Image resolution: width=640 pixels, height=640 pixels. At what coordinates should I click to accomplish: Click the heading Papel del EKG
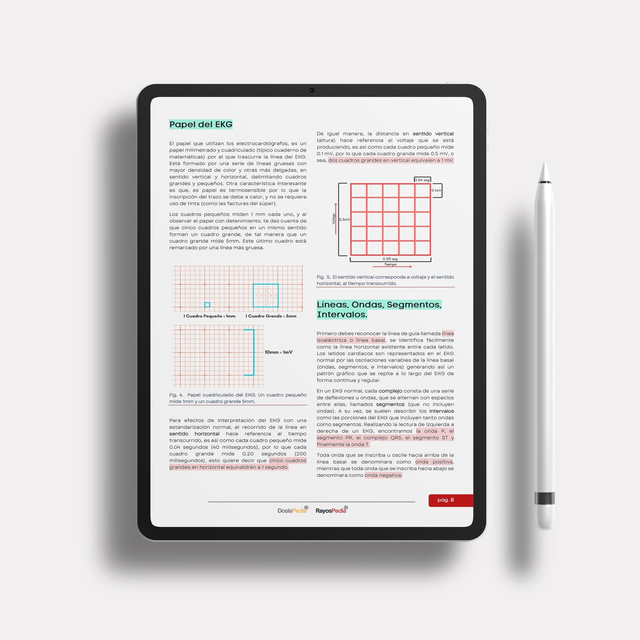pos(201,124)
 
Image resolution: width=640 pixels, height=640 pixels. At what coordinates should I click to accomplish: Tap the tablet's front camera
pos(312,90)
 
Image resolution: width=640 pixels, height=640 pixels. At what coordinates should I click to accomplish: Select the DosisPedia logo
pos(292,511)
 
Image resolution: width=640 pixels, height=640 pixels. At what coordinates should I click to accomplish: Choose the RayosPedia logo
pos(331,511)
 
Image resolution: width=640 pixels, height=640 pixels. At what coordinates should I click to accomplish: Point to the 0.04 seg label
pos(422,180)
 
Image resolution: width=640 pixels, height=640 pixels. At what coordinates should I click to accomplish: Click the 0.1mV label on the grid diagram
pos(436,190)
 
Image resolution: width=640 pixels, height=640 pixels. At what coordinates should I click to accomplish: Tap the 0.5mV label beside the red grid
pos(344,219)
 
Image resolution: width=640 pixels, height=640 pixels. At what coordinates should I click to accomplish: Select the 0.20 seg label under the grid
pos(390,259)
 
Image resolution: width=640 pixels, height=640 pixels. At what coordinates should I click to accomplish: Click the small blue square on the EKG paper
pos(207,305)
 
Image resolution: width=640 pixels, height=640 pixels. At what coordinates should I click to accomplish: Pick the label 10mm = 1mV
pos(279,352)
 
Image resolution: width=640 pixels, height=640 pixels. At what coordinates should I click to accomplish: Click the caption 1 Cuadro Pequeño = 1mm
pos(209,316)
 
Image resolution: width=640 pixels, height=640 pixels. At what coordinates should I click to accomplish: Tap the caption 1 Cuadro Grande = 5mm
pos(271,316)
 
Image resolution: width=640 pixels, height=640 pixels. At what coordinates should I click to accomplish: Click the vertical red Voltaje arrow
pos(336,217)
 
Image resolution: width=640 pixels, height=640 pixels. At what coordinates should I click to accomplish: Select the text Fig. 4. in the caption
pos(176,395)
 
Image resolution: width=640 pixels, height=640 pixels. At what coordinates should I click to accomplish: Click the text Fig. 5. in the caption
pos(323,277)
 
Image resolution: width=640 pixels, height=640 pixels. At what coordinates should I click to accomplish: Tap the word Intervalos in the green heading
pos(341,314)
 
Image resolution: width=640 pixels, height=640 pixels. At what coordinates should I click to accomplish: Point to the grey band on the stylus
pos(544,498)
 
